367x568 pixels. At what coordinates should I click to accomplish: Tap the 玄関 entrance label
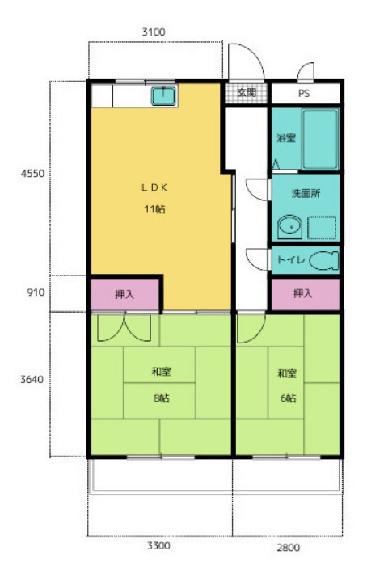click(247, 92)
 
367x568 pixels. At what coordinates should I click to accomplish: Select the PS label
click(304, 94)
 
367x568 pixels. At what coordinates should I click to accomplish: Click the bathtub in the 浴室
click(320, 140)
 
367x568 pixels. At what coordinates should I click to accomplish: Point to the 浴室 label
click(286, 138)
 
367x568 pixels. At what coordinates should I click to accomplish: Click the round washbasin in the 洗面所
click(289, 227)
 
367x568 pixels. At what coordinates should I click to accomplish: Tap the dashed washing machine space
click(322, 228)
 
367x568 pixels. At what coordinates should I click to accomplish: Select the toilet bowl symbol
click(324, 261)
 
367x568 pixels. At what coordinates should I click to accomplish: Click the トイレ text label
click(290, 259)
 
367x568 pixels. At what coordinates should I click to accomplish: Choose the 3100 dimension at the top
click(154, 32)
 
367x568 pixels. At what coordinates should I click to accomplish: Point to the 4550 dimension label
click(32, 174)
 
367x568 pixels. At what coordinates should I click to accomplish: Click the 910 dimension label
click(36, 292)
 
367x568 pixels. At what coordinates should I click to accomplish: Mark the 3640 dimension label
click(32, 379)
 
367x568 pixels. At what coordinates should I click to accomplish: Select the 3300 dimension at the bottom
click(158, 545)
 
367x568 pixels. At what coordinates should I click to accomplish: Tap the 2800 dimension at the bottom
click(289, 547)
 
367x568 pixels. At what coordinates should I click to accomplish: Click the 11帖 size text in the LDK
click(154, 209)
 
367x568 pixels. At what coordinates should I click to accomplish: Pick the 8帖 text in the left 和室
click(161, 398)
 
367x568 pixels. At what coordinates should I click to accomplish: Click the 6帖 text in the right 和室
click(288, 398)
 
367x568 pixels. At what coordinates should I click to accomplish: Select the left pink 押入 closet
click(124, 295)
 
